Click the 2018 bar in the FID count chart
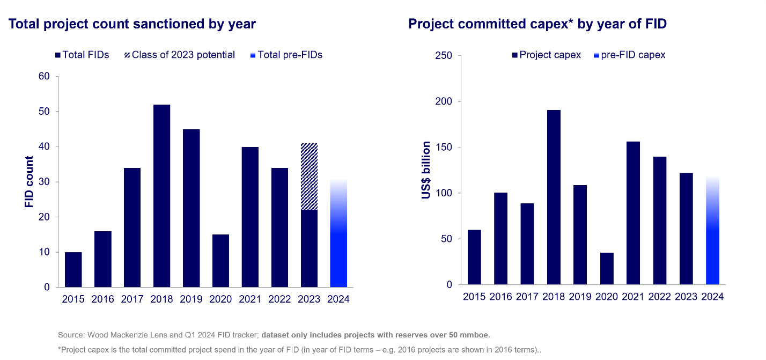[x=161, y=196]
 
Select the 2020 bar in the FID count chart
[x=220, y=261]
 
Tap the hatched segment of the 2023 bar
[x=309, y=177]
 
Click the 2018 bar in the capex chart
[x=554, y=197]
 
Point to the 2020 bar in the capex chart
[x=607, y=268]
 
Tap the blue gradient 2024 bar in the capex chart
[x=712, y=231]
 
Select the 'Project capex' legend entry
[x=547, y=55]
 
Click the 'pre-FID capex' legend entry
[x=630, y=55]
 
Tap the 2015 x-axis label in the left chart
[x=73, y=299]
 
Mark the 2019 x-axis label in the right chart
[x=580, y=297]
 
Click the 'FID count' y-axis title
[x=29, y=182]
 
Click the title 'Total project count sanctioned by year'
[x=131, y=24]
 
